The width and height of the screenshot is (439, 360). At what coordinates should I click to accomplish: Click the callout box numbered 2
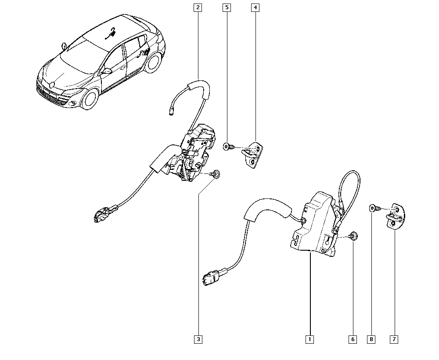pyautogui.click(x=198, y=7)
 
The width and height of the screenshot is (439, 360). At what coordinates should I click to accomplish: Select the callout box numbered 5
pyautogui.click(x=227, y=7)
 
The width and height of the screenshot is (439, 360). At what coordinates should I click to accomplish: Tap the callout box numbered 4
pyautogui.click(x=255, y=7)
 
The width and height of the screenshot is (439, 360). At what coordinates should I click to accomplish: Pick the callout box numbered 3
pyautogui.click(x=198, y=339)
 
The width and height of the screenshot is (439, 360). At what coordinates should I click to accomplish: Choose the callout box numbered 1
pyautogui.click(x=309, y=339)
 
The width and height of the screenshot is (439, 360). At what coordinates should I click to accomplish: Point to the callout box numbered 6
pyautogui.click(x=353, y=339)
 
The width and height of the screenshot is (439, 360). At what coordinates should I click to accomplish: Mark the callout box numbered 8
pyautogui.click(x=371, y=339)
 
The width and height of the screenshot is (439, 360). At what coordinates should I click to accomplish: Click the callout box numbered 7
pyautogui.click(x=394, y=339)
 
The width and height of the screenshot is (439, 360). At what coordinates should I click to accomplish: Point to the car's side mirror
pyautogui.click(x=107, y=71)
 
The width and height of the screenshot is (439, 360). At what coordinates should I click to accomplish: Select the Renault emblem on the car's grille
pyautogui.click(x=52, y=85)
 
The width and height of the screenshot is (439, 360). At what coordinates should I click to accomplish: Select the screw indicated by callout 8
pyautogui.click(x=375, y=208)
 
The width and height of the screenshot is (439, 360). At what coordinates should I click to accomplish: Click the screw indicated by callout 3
pyautogui.click(x=215, y=174)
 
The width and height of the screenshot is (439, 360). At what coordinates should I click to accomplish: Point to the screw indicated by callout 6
pyautogui.click(x=352, y=236)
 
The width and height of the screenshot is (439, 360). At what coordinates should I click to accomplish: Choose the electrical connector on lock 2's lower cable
pyautogui.click(x=104, y=213)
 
